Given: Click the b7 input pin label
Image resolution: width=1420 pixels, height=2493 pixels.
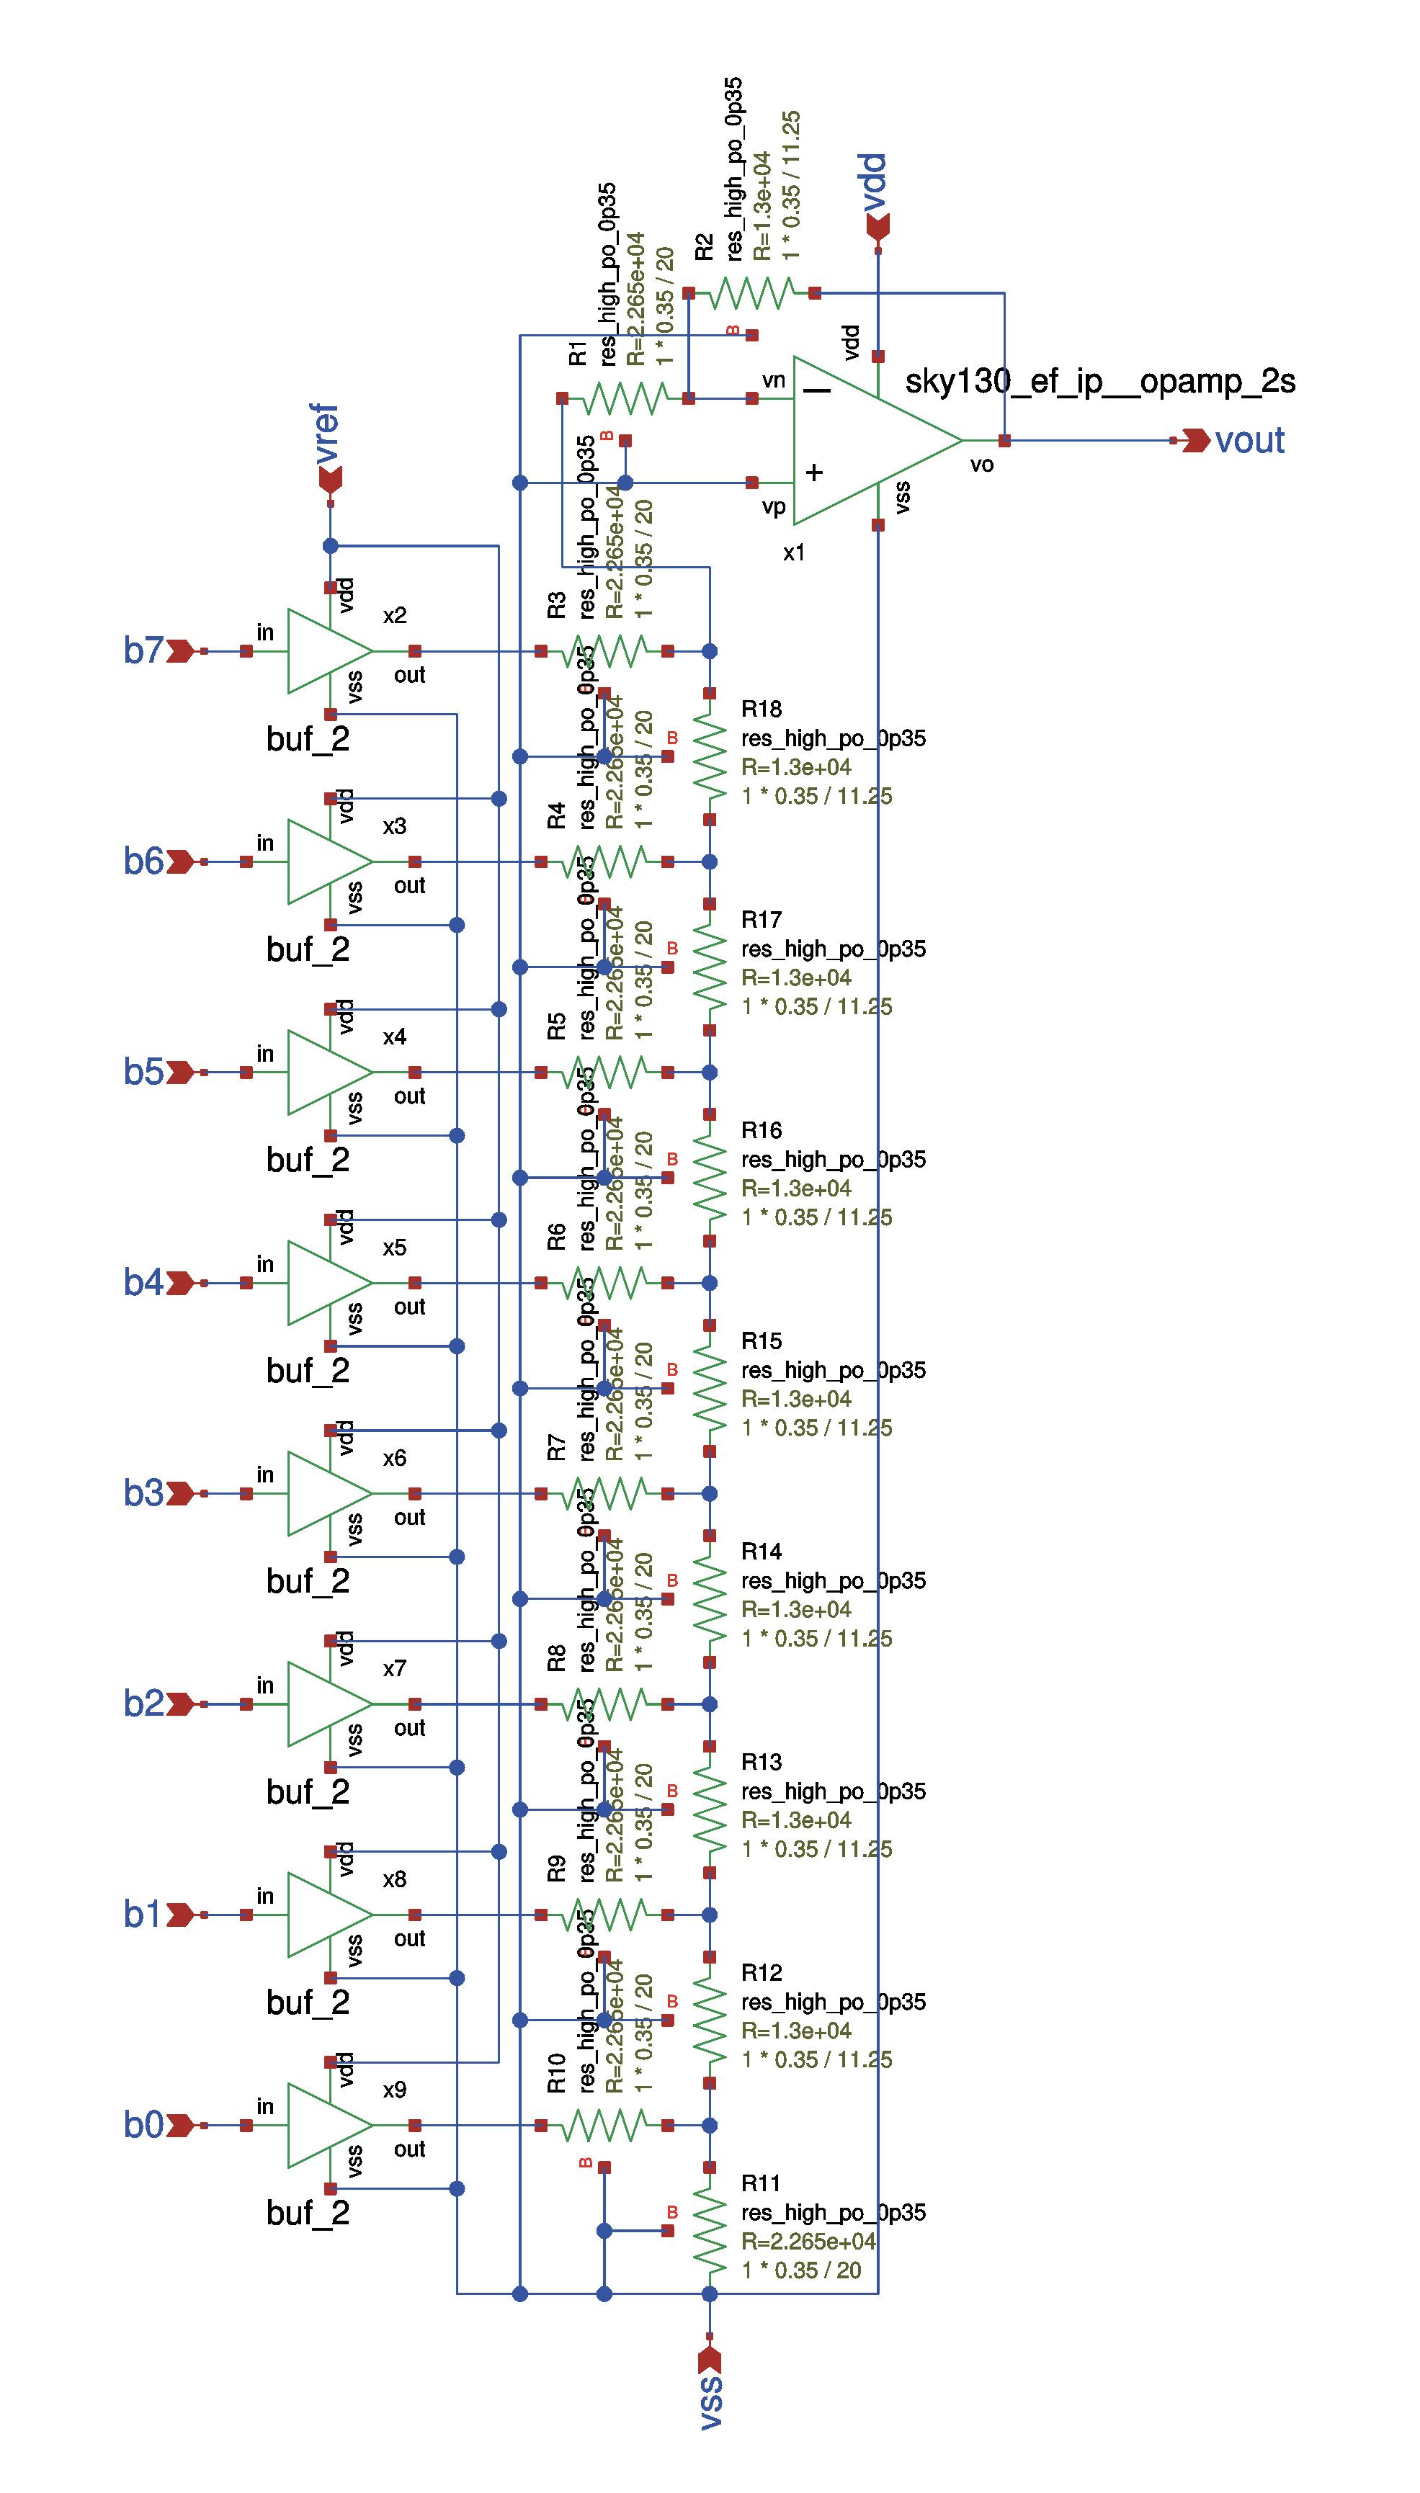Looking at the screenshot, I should point(143,650).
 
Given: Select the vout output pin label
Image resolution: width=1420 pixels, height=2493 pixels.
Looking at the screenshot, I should point(1249,441).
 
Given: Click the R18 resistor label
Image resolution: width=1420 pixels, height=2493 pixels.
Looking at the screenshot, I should point(761,709).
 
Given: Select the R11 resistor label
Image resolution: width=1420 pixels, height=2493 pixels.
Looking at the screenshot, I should point(761,2183).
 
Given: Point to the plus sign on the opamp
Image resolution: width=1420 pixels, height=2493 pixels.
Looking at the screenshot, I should point(813,473).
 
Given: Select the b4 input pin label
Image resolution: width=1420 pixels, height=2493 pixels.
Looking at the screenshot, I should point(143,1283).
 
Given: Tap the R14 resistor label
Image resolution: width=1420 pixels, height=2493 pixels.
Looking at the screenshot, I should point(761,1551).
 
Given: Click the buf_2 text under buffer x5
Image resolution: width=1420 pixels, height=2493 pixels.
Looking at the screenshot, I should point(307,1371).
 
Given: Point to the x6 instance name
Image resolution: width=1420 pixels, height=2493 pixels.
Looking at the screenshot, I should point(394,1458).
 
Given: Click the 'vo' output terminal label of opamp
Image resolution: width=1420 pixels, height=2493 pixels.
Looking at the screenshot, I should point(982,465).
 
